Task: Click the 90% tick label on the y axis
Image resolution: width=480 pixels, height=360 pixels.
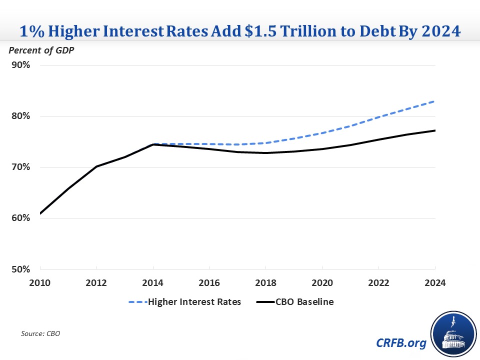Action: (20, 65)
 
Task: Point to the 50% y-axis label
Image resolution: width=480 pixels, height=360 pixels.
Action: (20, 269)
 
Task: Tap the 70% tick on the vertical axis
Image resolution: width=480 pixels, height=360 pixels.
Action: (20, 167)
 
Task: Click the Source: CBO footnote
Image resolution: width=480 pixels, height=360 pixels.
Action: (40, 333)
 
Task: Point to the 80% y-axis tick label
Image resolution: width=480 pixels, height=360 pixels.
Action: (20, 116)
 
